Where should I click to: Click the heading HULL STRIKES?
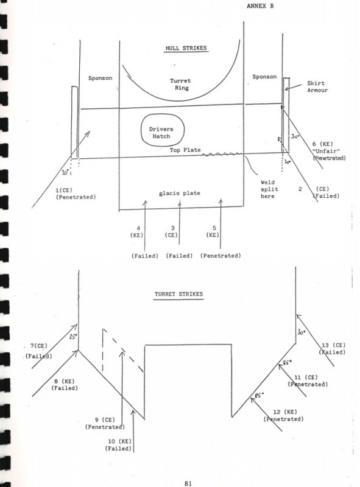pyautogui.click(x=186, y=48)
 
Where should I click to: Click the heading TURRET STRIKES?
pyautogui.click(x=178, y=294)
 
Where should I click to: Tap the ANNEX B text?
pyautogui.click(x=260, y=5)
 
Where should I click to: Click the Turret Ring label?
pyautogui.click(x=181, y=84)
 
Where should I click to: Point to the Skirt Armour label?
pyautogui.click(x=317, y=86)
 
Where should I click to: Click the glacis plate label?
pyautogui.click(x=179, y=193)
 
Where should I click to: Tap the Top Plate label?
pyautogui.click(x=185, y=150)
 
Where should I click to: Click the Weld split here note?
pyautogui.click(x=269, y=189)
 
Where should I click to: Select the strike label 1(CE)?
pyautogui.click(x=63, y=190)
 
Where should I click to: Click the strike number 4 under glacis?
pyautogui.click(x=138, y=228)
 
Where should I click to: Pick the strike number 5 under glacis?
pyautogui.click(x=214, y=228)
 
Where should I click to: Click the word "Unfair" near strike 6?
pyautogui.click(x=326, y=151)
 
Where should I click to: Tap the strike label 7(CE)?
pyautogui.click(x=38, y=346)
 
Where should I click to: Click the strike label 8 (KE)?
pyautogui.click(x=65, y=381)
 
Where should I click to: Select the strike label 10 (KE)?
pyautogui.click(x=119, y=441)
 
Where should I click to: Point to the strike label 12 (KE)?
pyautogui.click(x=284, y=412)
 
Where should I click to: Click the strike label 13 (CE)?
pyautogui.click(x=333, y=345)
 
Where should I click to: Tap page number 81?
pyautogui.click(x=188, y=483)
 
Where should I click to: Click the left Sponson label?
pyautogui.click(x=100, y=78)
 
